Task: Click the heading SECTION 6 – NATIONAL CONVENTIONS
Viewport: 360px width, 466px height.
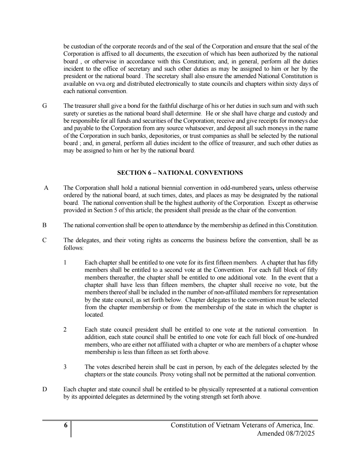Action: coord(180,173)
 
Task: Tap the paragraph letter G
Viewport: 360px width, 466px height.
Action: coord(44,106)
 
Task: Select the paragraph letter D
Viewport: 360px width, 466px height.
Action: coord(44,389)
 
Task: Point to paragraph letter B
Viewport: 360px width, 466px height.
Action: coord(44,225)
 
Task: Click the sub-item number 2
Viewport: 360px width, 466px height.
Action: coord(65,330)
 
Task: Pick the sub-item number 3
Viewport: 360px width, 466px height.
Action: coord(65,367)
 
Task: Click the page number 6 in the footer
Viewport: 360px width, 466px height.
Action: coord(66,425)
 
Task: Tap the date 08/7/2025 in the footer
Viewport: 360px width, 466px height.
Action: coord(298,434)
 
